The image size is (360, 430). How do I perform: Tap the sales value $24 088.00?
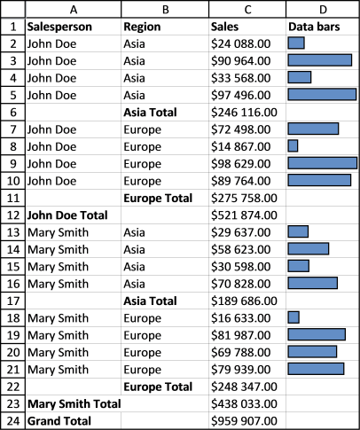240,43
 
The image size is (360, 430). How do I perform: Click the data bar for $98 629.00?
323,163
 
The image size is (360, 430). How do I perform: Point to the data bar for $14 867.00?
293,146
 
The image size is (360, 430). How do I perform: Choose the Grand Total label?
59,421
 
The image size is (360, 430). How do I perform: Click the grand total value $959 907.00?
244,421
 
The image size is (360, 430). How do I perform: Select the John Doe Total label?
67,215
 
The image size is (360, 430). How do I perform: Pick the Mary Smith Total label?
74,403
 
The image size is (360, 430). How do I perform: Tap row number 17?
13,301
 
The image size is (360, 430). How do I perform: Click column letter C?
247,10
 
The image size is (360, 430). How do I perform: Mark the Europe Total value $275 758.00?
244,198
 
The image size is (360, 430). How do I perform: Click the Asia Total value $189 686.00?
244,301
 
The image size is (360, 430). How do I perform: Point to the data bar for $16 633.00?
293,317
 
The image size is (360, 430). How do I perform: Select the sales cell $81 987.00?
240,335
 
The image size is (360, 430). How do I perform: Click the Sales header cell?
224,27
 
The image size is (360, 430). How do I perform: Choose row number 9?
13,164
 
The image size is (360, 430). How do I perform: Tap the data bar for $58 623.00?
309,249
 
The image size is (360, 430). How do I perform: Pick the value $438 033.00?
244,403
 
